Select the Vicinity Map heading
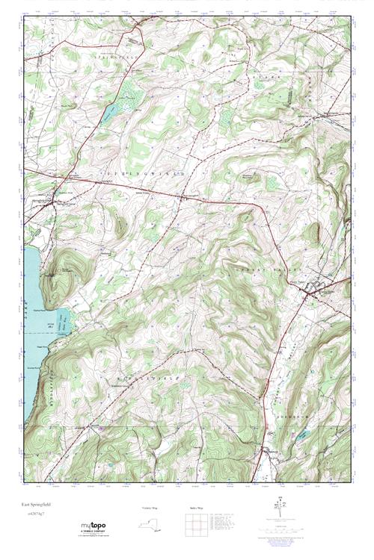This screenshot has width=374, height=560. (x=150, y=508)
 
